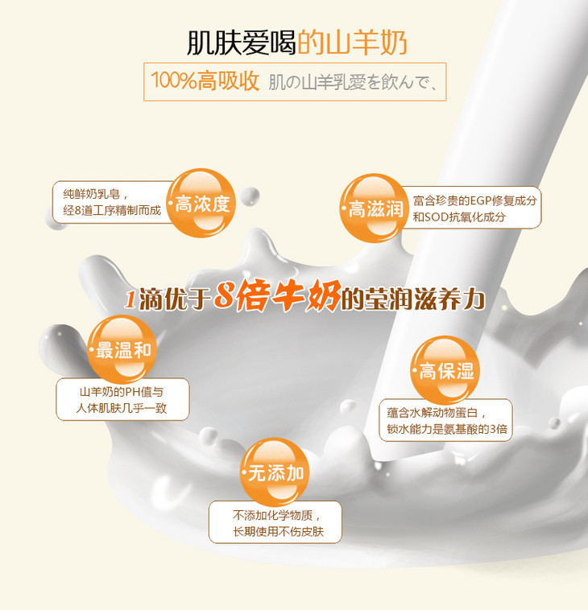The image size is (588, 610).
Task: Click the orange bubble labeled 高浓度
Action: pyautogui.click(x=201, y=203)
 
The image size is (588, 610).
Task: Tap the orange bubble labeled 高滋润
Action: pyautogui.click(x=375, y=208)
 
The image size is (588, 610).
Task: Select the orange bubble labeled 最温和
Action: pyautogui.click(x=122, y=349)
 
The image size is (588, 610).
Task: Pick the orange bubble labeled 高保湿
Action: pyautogui.click(x=445, y=370)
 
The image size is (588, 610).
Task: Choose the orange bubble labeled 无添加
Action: pyautogui.click(x=275, y=472)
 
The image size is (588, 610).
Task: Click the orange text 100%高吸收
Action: pyautogui.click(x=205, y=81)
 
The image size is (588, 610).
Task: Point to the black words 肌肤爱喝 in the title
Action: pyautogui.click(x=242, y=42)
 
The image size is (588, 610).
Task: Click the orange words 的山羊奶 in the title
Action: pyautogui.click(x=353, y=42)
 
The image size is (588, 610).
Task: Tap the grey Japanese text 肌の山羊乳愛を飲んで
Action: pyautogui.click(x=353, y=82)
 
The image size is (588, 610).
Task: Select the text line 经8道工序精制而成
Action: pyautogui.click(x=112, y=211)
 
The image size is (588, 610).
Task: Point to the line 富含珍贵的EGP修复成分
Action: pyautogui.click(x=475, y=200)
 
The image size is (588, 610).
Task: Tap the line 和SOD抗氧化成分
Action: pyautogui.click(x=459, y=216)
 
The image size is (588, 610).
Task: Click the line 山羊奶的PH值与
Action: pyautogui.click(x=122, y=392)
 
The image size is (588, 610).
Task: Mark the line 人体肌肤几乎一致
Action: pyautogui.click(x=122, y=408)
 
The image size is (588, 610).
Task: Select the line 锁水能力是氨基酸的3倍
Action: pyautogui.click(x=447, y=429)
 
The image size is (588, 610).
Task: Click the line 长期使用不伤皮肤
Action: pyautogui.click(x=279, y=531)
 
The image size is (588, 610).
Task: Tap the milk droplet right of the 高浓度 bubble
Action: pyautogui.click(x=250, y=196)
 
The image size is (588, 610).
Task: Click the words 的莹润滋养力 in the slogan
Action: pyautogui.click(x=413, y=299)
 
